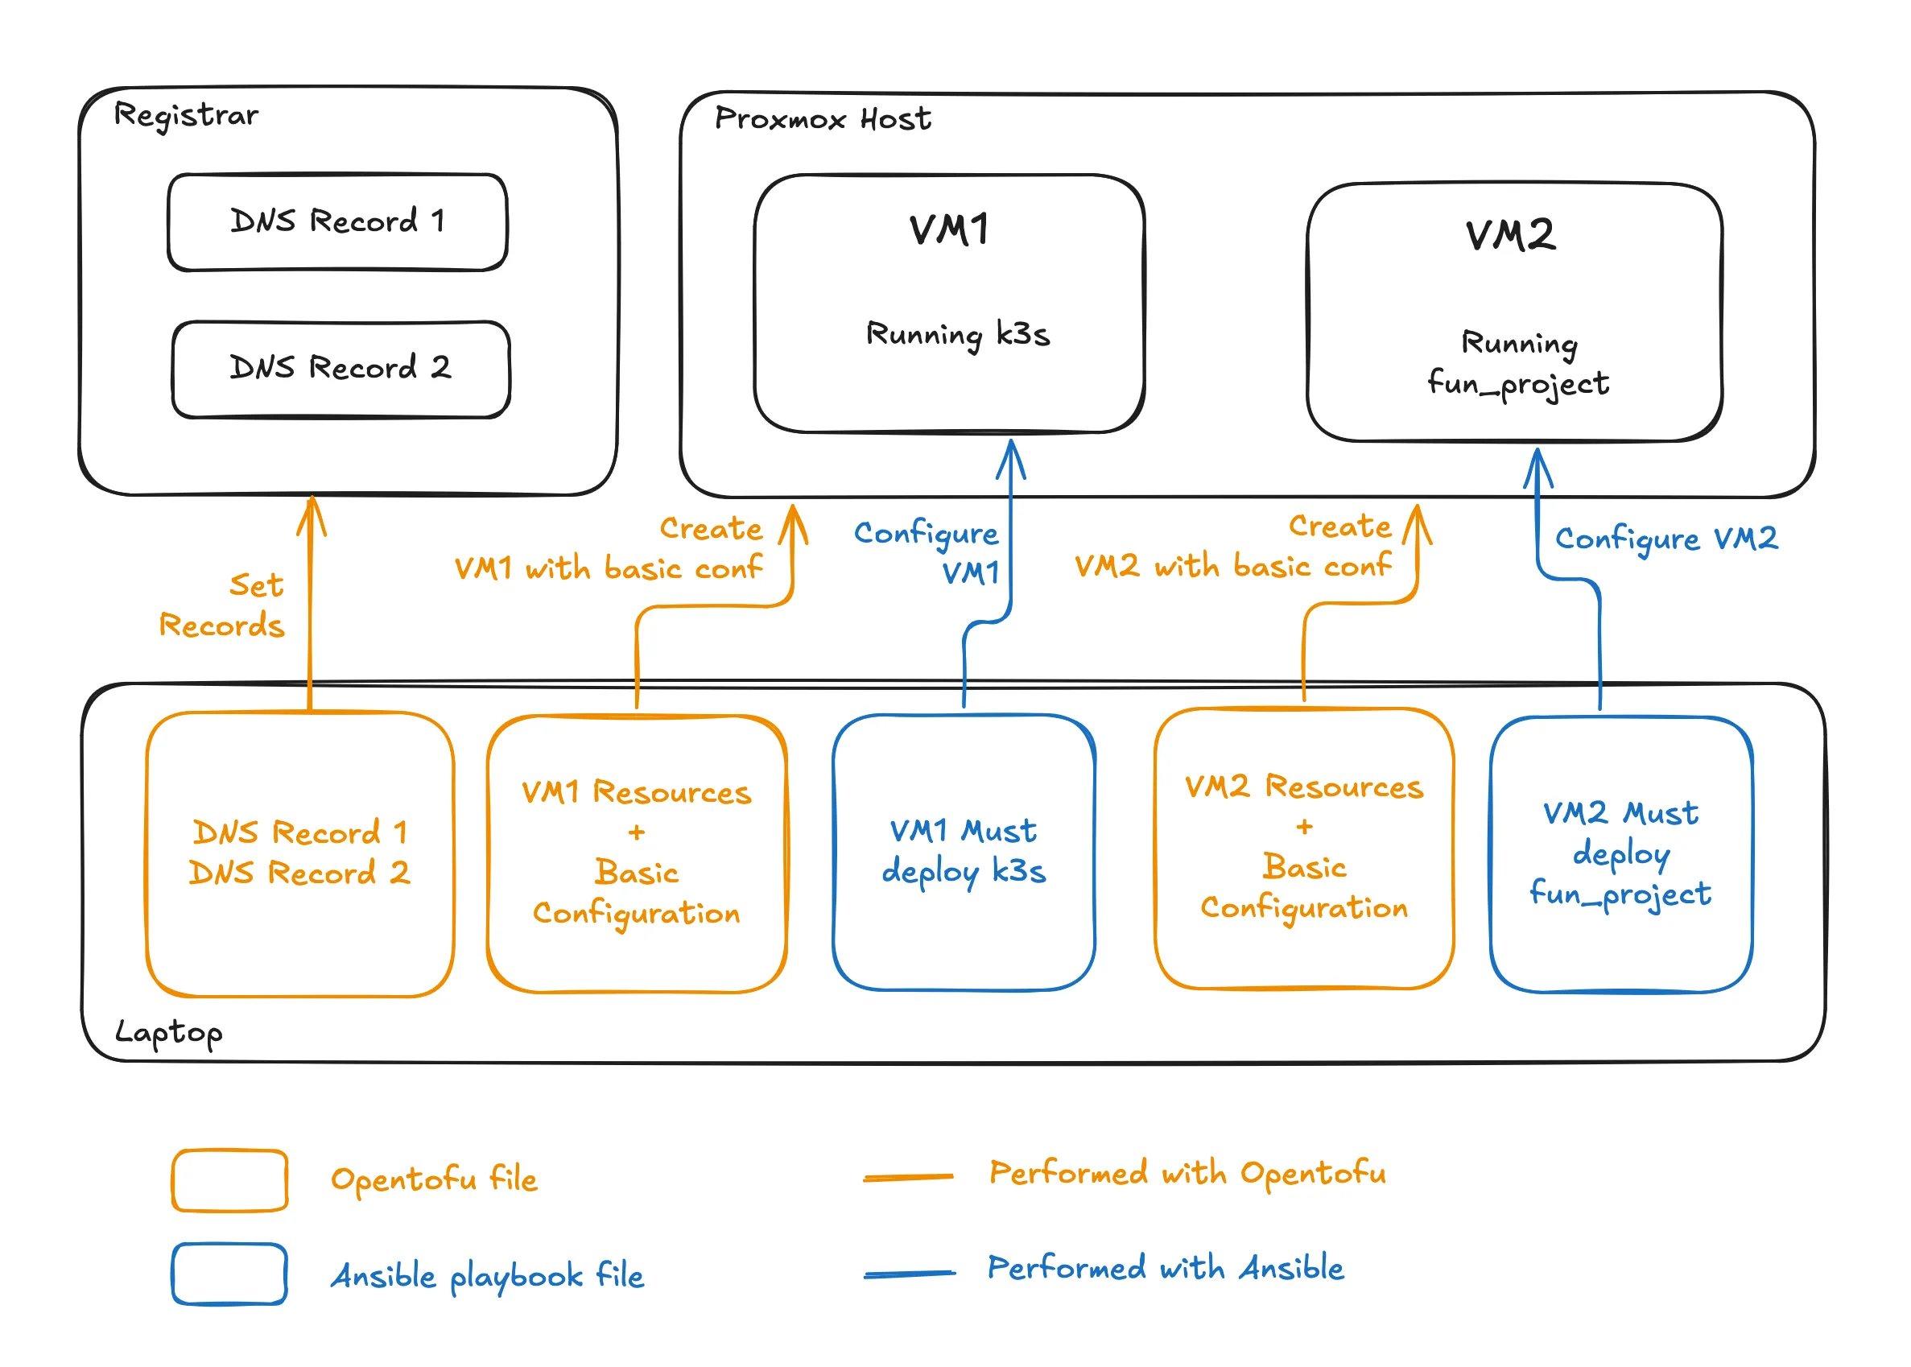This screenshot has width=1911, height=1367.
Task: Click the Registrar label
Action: (186, 114)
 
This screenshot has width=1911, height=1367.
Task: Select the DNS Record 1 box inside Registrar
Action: (337, 221)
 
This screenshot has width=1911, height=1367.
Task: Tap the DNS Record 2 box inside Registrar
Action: (340, 368)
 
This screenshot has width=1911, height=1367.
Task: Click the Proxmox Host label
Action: (822, 118)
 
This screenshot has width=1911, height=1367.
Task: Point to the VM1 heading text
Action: (948, 229)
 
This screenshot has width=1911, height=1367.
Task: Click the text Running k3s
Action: (958, 334)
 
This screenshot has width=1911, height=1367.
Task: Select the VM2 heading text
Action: (1509, 235)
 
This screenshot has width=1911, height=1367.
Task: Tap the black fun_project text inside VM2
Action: (1517, 383)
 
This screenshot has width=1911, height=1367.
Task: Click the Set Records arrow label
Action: (223, 605)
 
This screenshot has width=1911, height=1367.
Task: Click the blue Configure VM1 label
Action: (927, 551)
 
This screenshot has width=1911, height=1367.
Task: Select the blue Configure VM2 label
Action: (1665, 539)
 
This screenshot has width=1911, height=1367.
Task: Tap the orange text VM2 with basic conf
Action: (1232, 566)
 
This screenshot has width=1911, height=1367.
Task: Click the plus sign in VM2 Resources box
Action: (1303, 827)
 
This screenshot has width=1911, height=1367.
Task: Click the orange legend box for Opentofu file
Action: (229, 1180)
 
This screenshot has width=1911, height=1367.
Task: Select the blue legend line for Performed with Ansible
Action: (909, 1274)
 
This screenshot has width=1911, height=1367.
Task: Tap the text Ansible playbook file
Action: (487, 1275)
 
